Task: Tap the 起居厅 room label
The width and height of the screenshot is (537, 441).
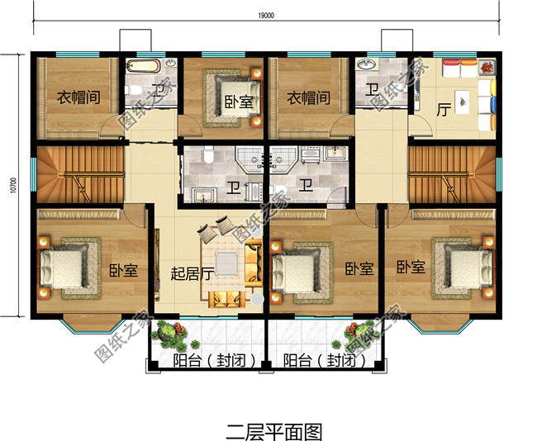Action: [192, 273]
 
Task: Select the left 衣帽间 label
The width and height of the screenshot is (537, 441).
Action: [78, 97]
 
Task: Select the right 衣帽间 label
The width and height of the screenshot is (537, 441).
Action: [308, 97]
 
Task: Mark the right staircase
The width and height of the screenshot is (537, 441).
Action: [453, 174]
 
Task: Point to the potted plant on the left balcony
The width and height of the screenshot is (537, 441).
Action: [174, 335]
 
